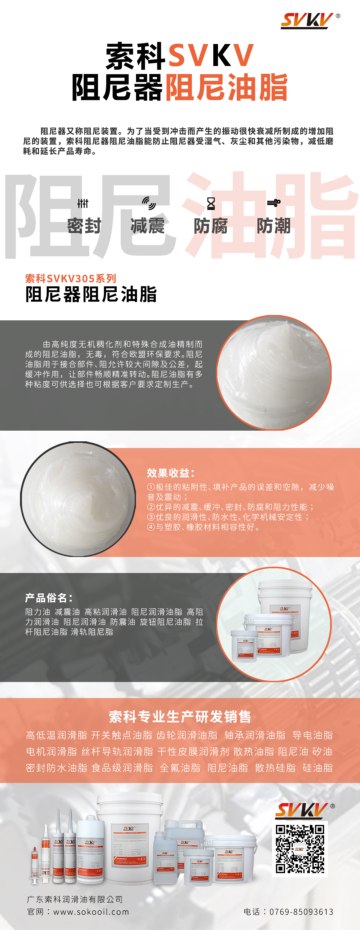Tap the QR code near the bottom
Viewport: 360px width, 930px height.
coord(300,849)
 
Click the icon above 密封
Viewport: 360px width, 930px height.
coord(83,204)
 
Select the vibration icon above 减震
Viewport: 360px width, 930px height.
coord(148,203)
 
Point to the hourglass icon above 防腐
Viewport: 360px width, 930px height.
coord(211,204)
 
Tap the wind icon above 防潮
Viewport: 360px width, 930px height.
coord(274,203)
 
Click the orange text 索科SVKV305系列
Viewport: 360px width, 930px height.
coord(71,278)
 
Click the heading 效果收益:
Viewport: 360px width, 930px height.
coord(171,473)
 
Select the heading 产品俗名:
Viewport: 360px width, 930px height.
coord(49,598)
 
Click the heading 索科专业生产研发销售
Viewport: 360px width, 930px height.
coord(180,717)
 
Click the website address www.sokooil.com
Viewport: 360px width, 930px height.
coord(91,912)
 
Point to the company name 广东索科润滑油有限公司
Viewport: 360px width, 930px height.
coord(75,899)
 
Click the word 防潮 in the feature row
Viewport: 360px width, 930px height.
coord(274,226)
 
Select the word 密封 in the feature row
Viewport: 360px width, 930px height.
coord(84,226)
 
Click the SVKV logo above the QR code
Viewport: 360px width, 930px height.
coord(305,811)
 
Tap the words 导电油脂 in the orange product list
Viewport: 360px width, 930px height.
coord(313,735)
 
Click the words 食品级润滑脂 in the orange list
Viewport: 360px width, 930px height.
coord(122,768)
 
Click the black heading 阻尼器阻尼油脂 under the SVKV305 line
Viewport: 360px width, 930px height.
coord(91,294)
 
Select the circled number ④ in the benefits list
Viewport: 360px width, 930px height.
coord(151,527)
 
